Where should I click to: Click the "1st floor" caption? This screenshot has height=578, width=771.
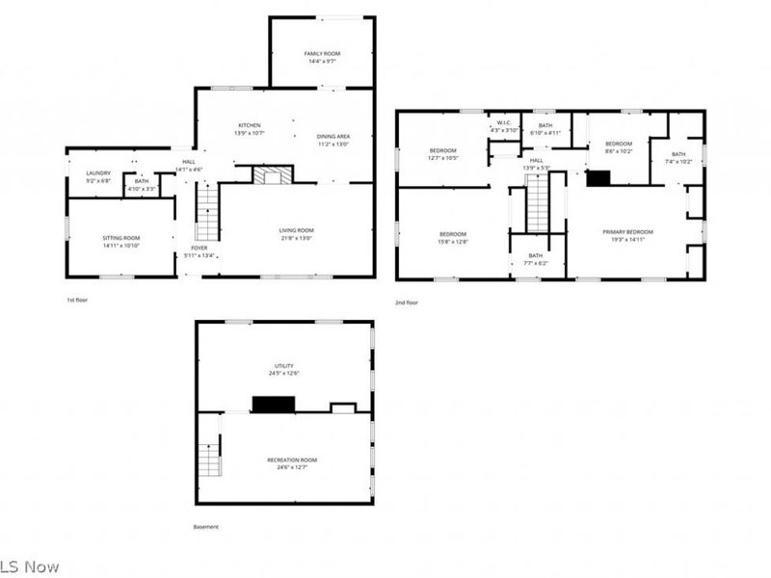tap(78, 301)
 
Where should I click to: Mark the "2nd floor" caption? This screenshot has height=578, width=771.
tap(407, 302)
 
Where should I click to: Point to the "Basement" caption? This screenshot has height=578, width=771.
tap(206, 527)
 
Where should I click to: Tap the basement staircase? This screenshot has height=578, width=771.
tap(209, 460)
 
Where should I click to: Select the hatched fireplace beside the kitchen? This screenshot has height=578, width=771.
tap(271, 174)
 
